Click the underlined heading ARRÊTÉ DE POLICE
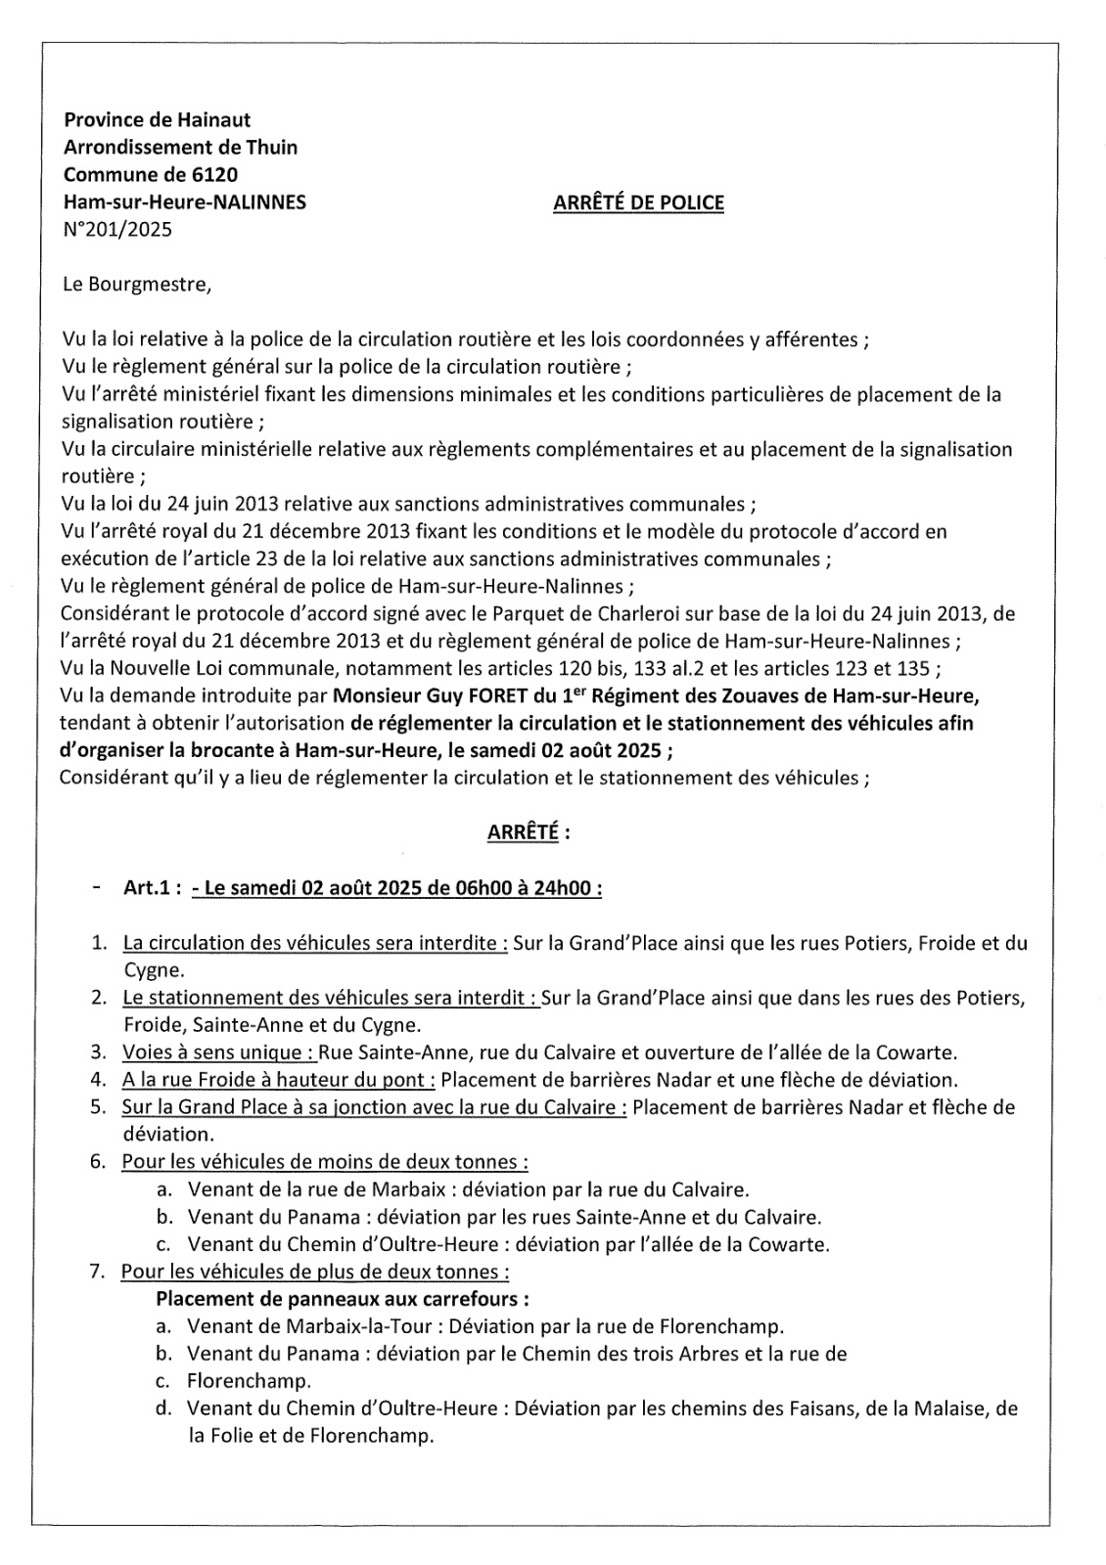coord(638,203)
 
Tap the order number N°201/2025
coord(116,231)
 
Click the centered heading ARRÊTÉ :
coord(529,833)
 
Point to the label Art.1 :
coord(152,888)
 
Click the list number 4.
coord(98,1080)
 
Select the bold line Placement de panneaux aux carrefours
coord(343,1300)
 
